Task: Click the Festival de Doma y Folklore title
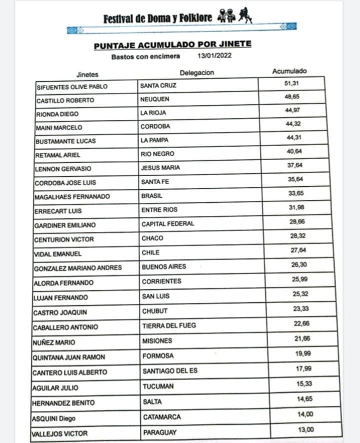(x=157, y=18)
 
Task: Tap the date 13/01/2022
(x=214, y=56)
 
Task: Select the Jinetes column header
(x=87, y=74)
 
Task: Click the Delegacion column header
(x=196, y=73)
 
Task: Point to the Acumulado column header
(x=289, y=71)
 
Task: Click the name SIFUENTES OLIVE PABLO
(x=72, y=86)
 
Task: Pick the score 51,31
(x=291, y=83)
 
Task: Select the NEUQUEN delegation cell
(x=155, y=99)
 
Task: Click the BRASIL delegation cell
(x=151, y=196)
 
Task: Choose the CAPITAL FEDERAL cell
(x=168, y=223)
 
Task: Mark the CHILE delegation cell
(x=150, y=253)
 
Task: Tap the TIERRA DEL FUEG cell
(x=169, y=325)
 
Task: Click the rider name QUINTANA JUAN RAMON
(x=69, y=357)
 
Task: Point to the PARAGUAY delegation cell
(x=159, y=432)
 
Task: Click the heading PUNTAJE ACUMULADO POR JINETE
(x=172, y=45)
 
